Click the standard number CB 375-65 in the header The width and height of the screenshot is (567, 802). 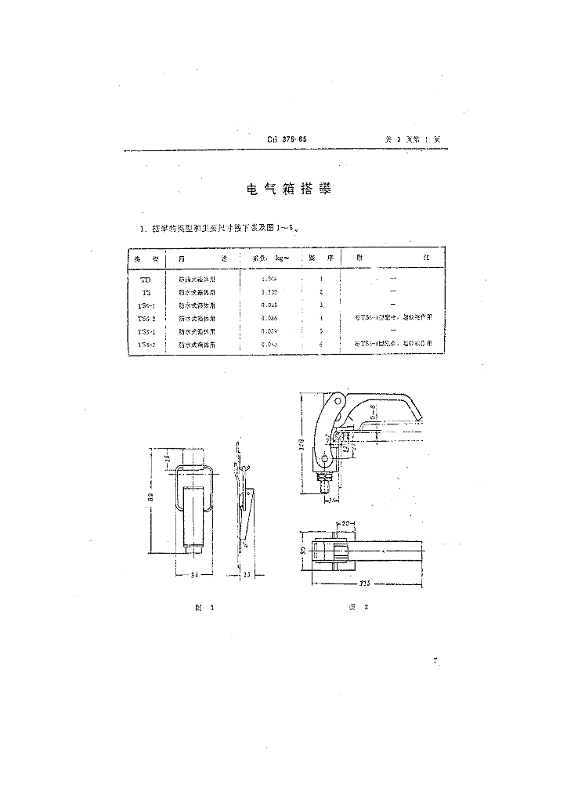(x=287, y=139)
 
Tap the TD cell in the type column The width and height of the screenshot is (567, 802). (x=145, y=280)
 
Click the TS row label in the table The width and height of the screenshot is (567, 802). (x=145, y=292)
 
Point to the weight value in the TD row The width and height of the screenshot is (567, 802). (x=268, y=280)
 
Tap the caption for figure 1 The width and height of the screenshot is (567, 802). (x=206, y=607)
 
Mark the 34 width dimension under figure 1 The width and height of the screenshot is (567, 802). (x=193, y=576)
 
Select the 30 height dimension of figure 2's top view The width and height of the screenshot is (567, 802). (x=303, y=551)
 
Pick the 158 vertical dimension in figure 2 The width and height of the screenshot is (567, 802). (x=302, y=444)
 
